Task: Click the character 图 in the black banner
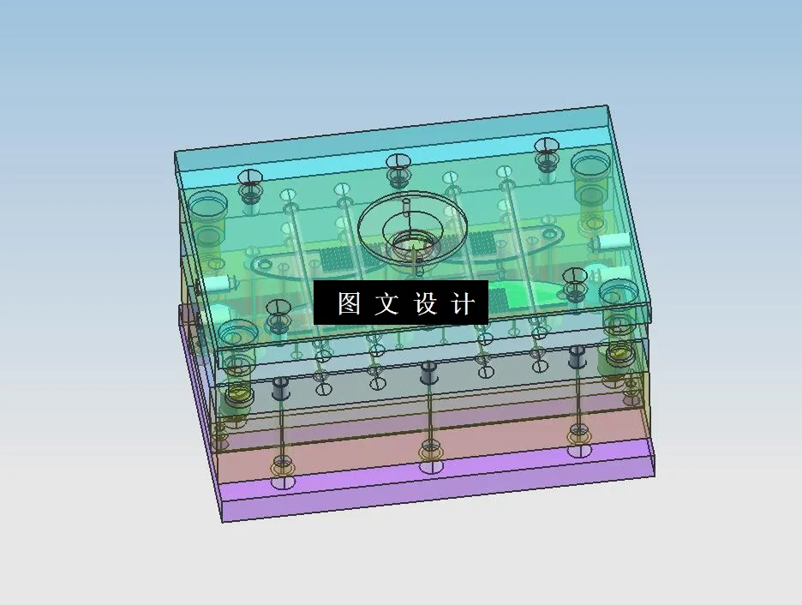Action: click(349, 303)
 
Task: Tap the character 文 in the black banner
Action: click(386, 303)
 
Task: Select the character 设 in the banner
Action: click(426, 303)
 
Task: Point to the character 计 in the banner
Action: click(463, 303)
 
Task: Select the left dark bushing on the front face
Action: click(280, 388)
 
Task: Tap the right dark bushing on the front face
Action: click(578, 356)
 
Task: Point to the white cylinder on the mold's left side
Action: click(218, 283)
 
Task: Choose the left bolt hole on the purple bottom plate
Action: click(280, 483)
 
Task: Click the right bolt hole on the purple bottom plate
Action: click(578, 451)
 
